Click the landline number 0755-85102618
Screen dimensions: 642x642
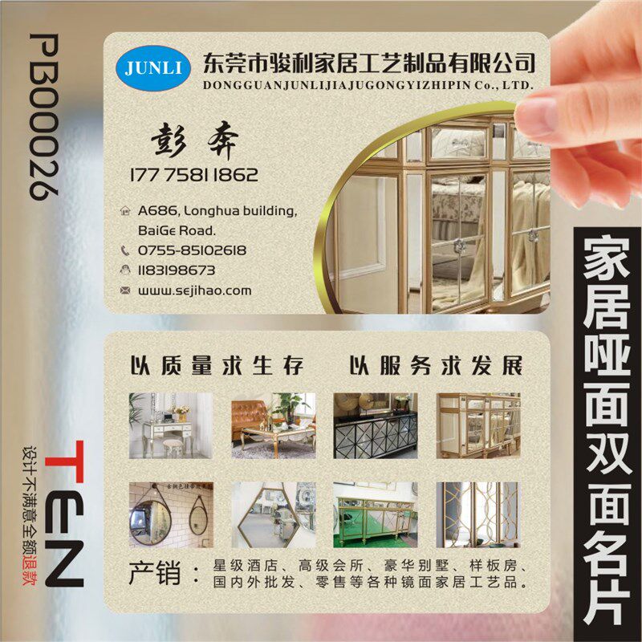[192, 250]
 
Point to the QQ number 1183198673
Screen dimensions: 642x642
[177, 270]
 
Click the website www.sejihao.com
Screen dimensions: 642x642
[194, 291]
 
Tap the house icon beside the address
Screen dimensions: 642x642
[124, 212]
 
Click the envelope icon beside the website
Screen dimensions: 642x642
[124, 291]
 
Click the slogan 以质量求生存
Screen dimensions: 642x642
[217, 367]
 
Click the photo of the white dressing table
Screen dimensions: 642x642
[171, 425]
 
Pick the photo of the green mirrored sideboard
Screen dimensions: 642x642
[375, 514]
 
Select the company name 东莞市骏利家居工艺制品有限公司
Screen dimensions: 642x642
[369, 60]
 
